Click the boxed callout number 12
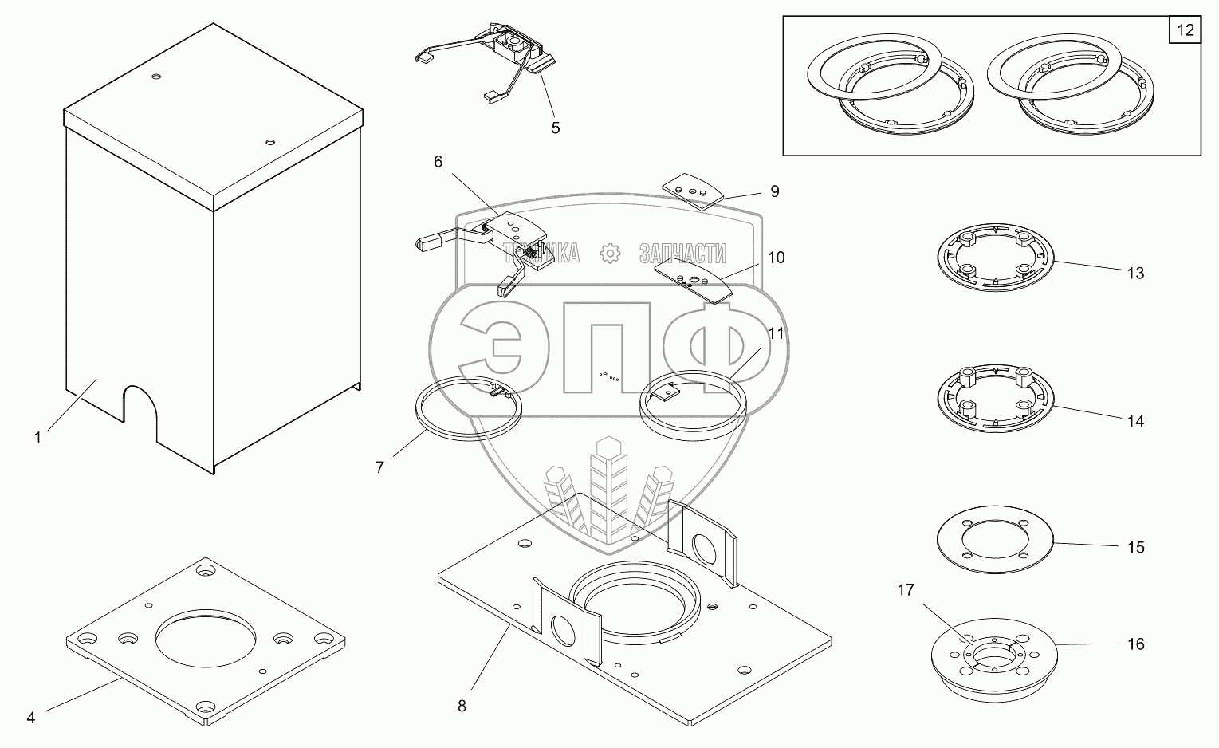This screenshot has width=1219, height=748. click(x=1186, y=31)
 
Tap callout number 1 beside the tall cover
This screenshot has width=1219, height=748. click(x=37, y=437)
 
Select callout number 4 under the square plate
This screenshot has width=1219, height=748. click(x=30, y=717)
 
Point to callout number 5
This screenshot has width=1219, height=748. click(x=556, y=128)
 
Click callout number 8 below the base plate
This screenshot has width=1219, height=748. click(x=462, y=706)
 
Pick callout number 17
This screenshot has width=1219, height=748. click(x=906, y=589)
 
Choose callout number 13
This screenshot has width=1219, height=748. click(x=1135, y=273)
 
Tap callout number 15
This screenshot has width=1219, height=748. click(x=1135, y=547)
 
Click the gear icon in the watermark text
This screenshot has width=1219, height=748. click(x=609, y=254)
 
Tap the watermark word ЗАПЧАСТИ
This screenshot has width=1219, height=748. click(x=682, y=254)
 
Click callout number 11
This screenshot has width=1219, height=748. click(x=776, y=333)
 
